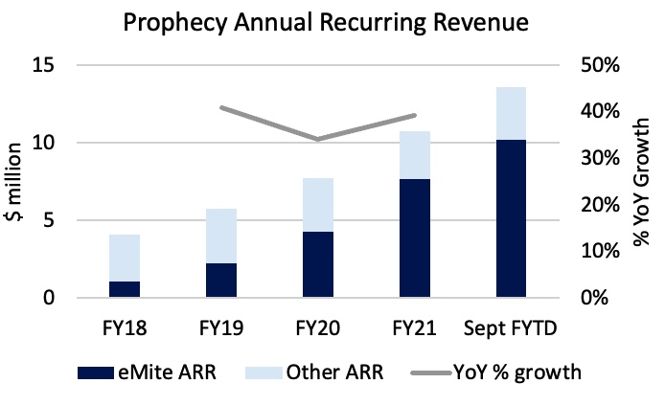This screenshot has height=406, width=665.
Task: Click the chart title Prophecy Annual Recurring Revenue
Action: [x=332, y=21]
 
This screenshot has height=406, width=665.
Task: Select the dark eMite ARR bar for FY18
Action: [x=125, y=289]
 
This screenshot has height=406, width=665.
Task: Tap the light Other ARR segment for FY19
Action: [x=221, y=236]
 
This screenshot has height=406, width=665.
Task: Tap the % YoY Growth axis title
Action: [x=641, y=182]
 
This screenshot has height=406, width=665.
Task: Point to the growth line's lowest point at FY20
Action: [x=318, y=140]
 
